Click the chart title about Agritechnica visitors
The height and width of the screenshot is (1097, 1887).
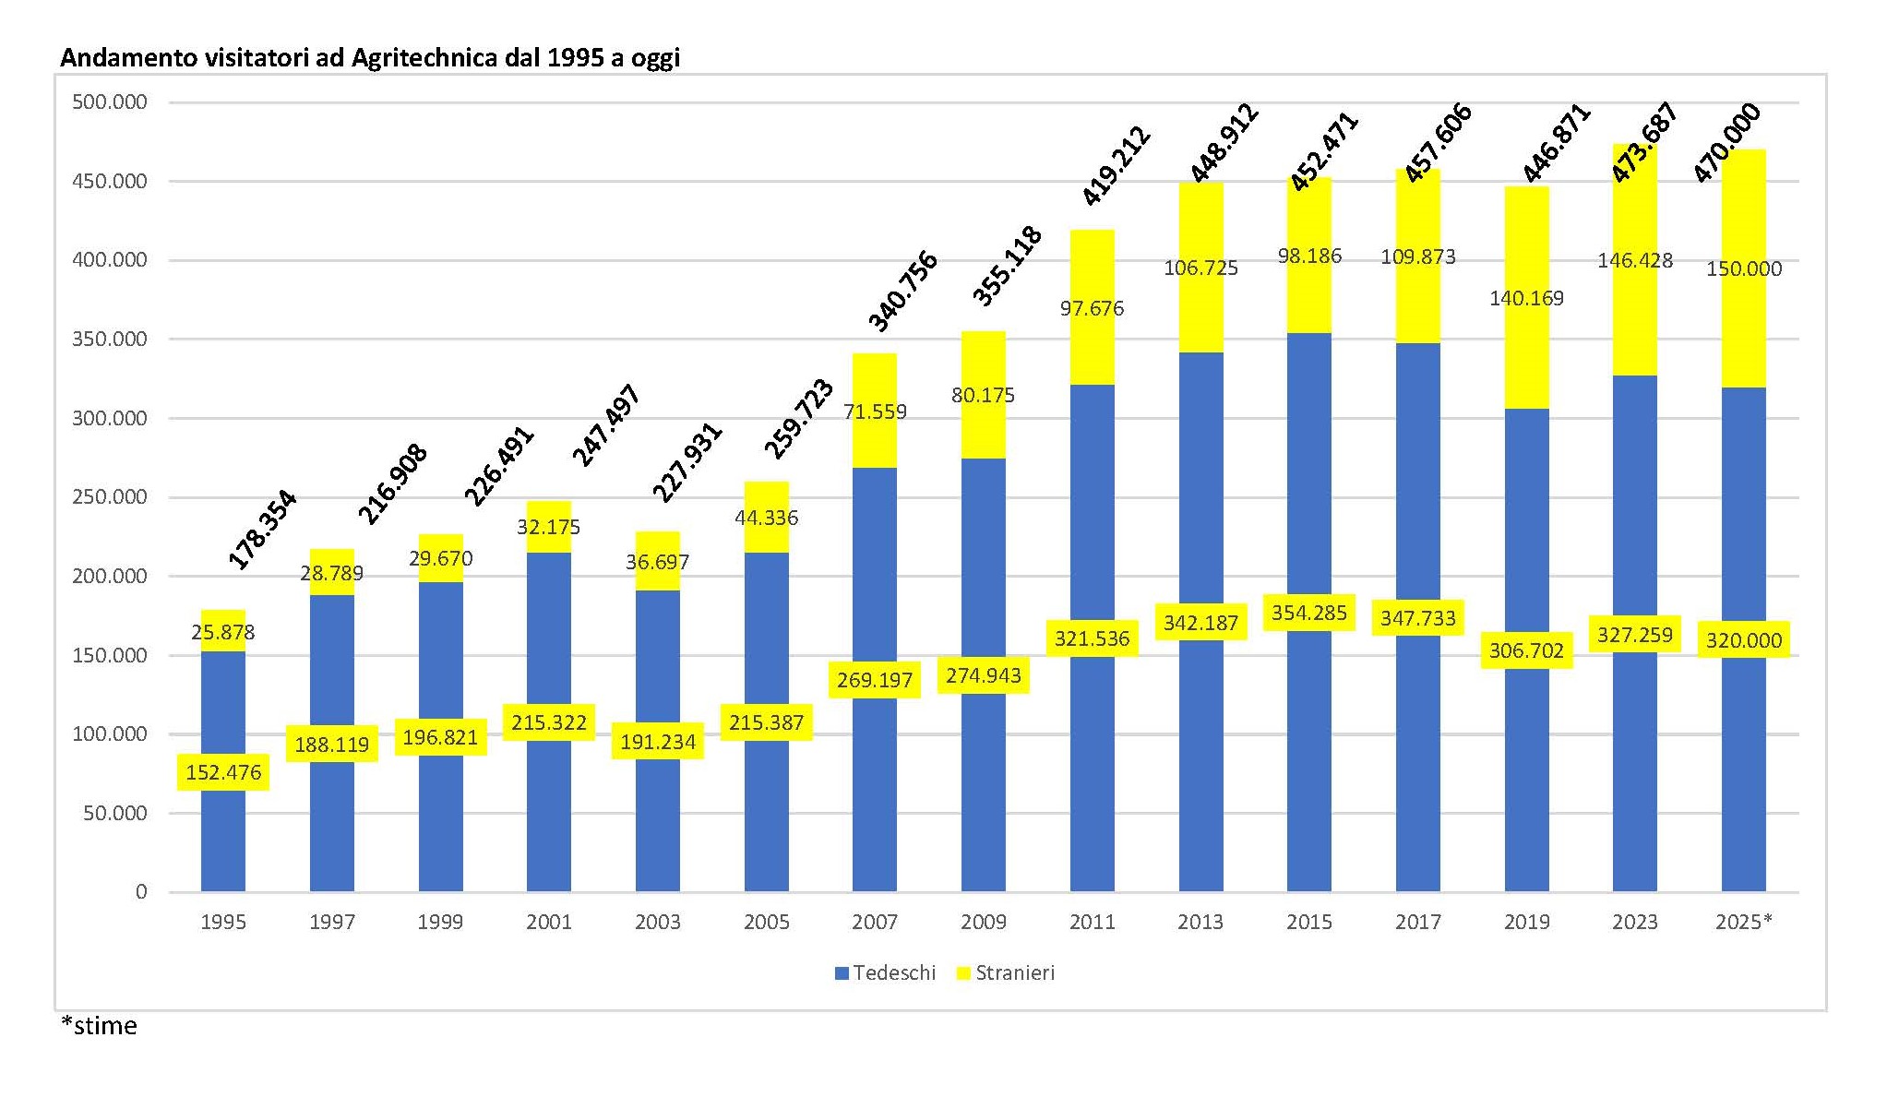pyautogui.click(x=369, y=58)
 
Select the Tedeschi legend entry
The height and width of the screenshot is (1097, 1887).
pyautogui.click(x=885, y=972)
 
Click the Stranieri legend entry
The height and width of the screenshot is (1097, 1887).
pyautogui.click(x=1005, y=972)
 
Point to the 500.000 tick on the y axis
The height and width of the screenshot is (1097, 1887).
pyautogui.click(x=110, y=102)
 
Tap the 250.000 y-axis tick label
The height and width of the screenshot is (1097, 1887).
pyautogui.click(x=110, y=497)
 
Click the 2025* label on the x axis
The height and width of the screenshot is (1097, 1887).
pyautogui.click(x=1743, y=922)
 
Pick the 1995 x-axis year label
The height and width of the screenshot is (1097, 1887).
pyautogui.click(x=223, y=922)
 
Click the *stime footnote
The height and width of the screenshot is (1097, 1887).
pyautogui.click(x=99, y=1026)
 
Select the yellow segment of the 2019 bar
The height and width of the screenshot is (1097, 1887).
pyautogui.click(x=1526, y=351)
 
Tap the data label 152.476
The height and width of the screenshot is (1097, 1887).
pyautogui.click(x=223, y=772)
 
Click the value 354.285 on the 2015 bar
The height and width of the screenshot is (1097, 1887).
pyautogui.click(x=1309, y=613)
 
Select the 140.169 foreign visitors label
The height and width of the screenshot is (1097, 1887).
pyautogui.click(x=1526, y=298)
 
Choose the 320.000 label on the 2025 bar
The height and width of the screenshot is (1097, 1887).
pyautogui.click(x=1743, y=640)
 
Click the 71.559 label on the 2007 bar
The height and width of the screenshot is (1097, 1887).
pyautogui.click(x=875, y=411)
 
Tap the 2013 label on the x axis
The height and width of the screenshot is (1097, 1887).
pyautogui.click(x=1200, y=922)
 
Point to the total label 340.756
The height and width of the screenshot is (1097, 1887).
pyautogui.click(x=903, y=291)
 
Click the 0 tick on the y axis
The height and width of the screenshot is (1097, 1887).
pyautogui.click(x=141, y=891)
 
